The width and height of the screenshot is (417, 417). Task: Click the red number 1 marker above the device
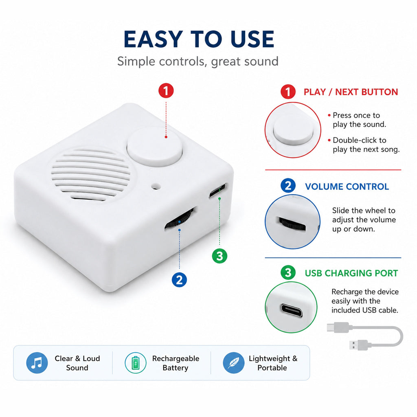[166, 91]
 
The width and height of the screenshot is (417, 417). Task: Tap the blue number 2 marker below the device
[179, 280]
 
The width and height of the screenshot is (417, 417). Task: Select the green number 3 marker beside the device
[219, 256]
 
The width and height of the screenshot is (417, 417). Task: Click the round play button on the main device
[155, 147]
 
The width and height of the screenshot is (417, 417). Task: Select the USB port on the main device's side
[217, 191]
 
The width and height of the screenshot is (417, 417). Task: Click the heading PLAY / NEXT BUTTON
[351, 92]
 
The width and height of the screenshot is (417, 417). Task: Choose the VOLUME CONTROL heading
[347, 187]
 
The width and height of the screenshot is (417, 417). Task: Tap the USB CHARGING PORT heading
[351, 273]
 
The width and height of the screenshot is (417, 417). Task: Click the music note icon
[37, 363]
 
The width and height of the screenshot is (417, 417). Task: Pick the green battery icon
[135, 363]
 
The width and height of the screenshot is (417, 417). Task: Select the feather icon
[233, 363]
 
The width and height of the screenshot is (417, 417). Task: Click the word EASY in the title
[153, 39]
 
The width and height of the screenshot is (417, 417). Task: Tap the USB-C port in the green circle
[292, 310]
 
